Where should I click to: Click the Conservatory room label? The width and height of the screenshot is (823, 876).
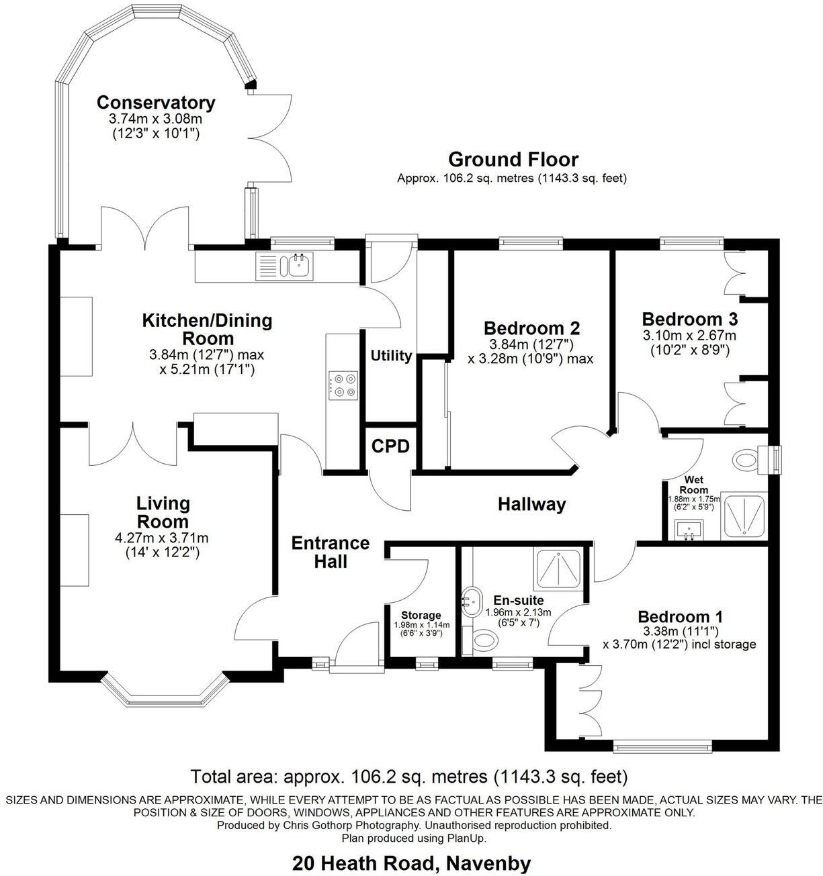click(156, 103)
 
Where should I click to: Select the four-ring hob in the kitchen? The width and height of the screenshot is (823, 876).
click(343, 385)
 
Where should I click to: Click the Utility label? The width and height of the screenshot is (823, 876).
click(391, 356)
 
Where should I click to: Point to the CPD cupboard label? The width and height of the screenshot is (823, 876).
click(390, 446)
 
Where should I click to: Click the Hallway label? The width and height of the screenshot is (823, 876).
click(531, 504)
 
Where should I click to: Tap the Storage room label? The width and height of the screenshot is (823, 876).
click(421, 615)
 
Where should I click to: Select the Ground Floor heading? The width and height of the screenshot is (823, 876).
click(513, 160)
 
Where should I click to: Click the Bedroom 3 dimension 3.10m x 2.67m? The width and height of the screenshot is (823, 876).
click(689, 336)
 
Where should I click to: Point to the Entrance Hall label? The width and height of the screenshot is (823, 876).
click(331, 552)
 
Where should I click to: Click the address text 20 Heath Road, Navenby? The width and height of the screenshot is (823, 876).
click(411, 863)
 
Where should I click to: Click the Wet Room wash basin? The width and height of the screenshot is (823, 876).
click(688, 530)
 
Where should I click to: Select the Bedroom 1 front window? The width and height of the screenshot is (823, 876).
click(662, 745)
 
